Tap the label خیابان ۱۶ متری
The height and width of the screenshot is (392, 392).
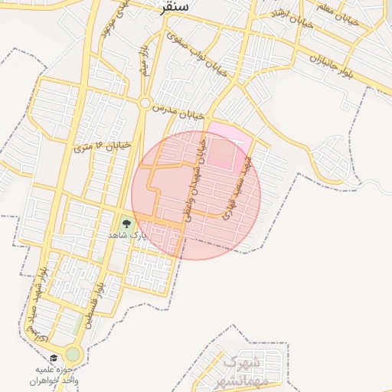click(x=102, y=145)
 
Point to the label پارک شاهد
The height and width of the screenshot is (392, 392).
click(x=126, y=235)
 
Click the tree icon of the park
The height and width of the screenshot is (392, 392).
click(x=126, y=223)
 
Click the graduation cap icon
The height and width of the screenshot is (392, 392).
click(x=54, y=358)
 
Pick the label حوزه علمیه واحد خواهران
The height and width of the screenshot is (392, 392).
click(x=55, y=374)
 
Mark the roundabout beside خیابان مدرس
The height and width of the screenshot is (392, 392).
click(x=145, y=102)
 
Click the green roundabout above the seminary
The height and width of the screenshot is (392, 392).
click(x=73, y=354)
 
